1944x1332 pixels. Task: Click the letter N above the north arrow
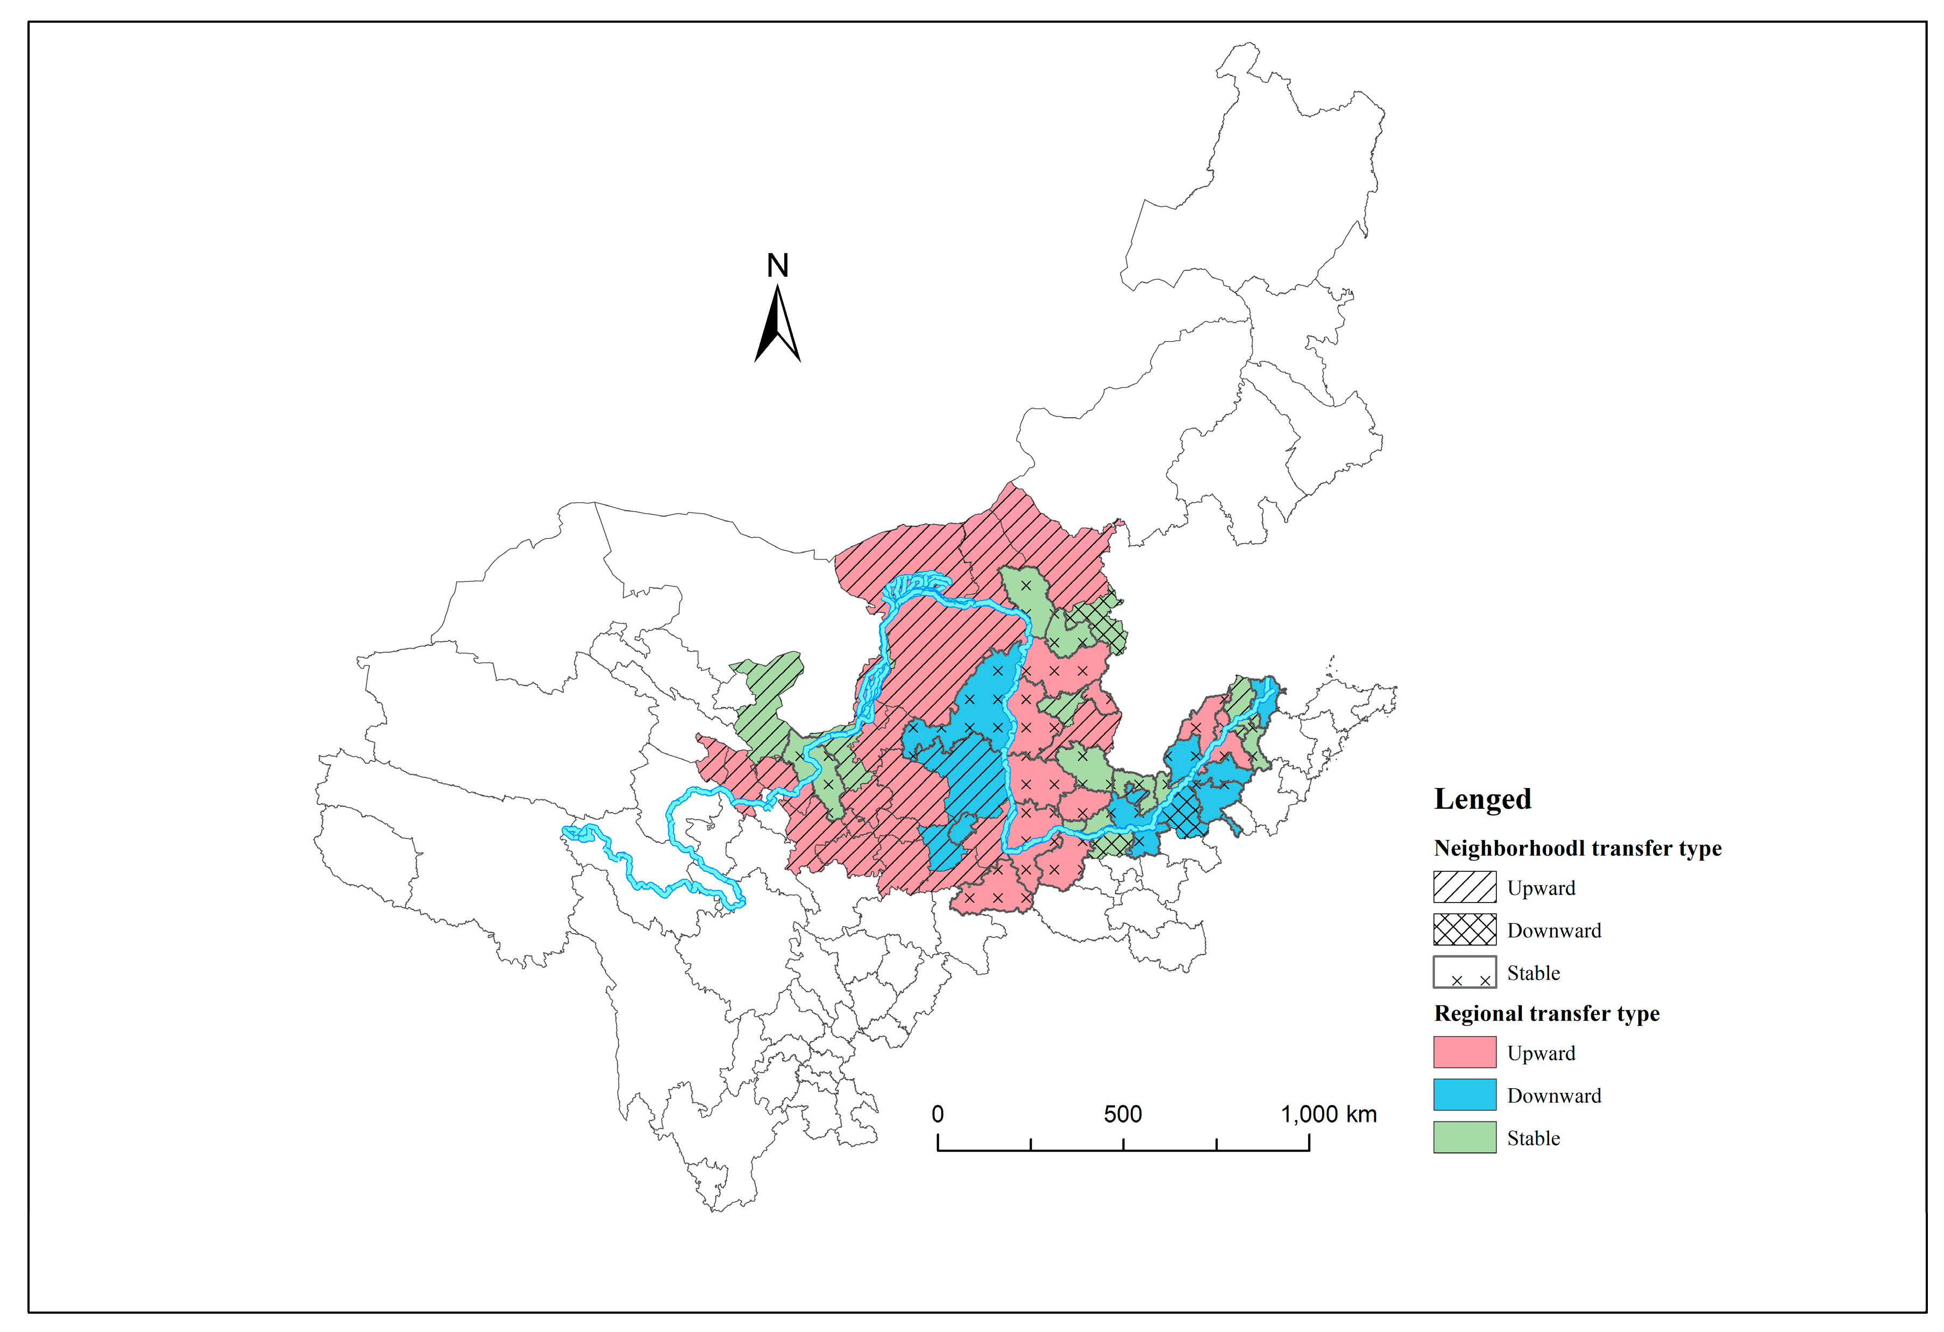(777, 266)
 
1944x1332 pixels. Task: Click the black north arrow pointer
(777, 326)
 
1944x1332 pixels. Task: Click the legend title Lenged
(1482, 799)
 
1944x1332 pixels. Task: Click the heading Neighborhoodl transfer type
(1577, 848)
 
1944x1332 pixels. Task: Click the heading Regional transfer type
(1546, 1013)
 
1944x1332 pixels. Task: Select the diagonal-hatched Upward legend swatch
(1464, 887)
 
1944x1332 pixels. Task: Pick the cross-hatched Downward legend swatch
(1464, 929)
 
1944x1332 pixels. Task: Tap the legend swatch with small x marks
(1464, 972)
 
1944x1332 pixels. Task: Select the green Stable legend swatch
(1464, 1137)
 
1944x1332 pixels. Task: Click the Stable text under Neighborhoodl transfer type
(1533, 973)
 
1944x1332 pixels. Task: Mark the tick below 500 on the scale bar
(1123, 1144)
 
